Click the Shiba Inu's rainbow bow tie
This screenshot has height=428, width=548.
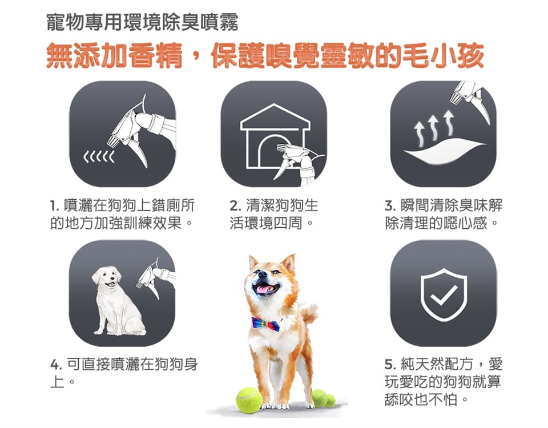[x=266, y=324]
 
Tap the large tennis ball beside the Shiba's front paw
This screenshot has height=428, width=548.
[x=248, y=400]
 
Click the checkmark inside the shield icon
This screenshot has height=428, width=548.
[x=444, y=294]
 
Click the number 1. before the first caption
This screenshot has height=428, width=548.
[x=54, y=205]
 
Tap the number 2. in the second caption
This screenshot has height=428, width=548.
[x=235, y=205]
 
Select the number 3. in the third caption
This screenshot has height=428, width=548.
[x=390, y=205]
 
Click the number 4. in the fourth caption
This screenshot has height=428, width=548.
[x=56, y=365]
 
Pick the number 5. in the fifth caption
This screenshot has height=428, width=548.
[x=390, y=365]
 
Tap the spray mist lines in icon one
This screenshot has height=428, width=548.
[x=99, y=158]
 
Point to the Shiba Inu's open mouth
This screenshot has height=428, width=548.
[x=267, y=289]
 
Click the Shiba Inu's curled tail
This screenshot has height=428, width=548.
[x=308, y=313]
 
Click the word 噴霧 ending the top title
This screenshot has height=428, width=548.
[x=222, y=22]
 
